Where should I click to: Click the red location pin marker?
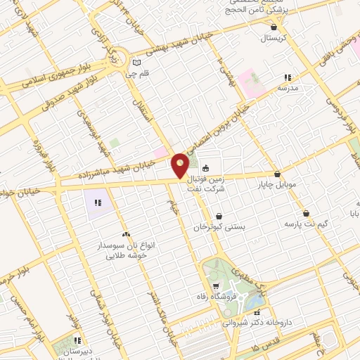(x=180, y=165)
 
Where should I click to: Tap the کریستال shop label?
(x=274, y=37)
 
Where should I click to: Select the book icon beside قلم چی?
(x=146, y=62)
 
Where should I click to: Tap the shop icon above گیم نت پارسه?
(x=306, y=213)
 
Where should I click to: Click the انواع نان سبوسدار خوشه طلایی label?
(x=126, y=252)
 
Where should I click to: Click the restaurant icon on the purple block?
(x=98, y=203)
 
